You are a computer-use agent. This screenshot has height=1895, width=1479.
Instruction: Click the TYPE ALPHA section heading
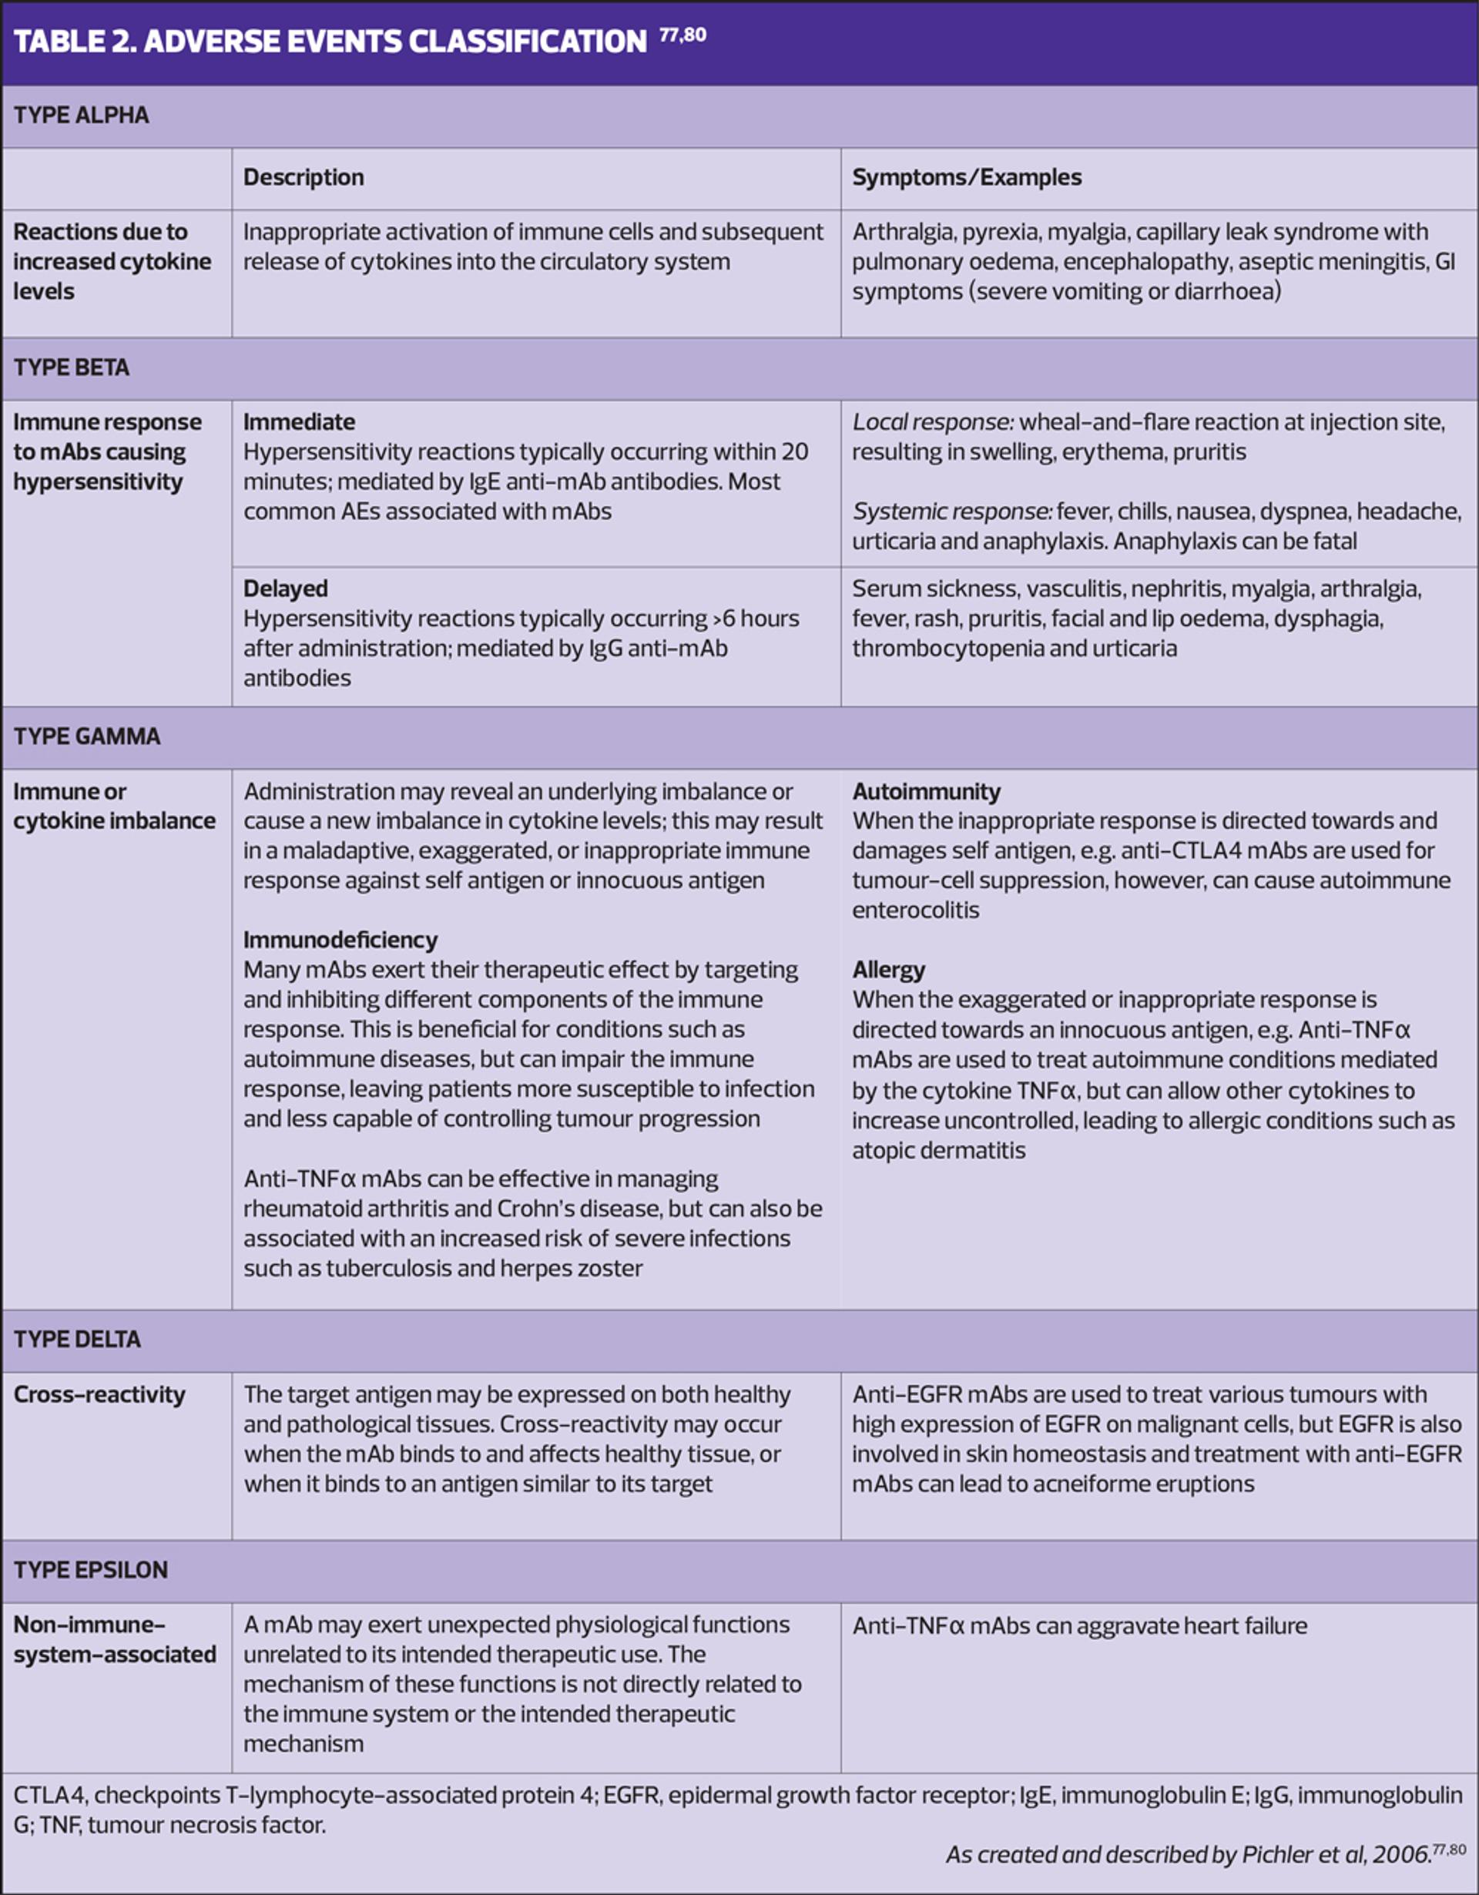(82, 116)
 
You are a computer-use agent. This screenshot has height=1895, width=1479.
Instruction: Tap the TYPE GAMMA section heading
(87, 736)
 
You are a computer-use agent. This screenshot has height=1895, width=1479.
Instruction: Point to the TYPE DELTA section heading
(77, 1339)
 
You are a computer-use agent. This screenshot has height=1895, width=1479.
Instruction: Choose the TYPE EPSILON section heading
(91, 1570)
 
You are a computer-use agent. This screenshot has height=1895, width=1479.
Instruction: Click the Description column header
(304, 178)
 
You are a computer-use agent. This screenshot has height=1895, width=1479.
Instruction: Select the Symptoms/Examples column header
(966, 178)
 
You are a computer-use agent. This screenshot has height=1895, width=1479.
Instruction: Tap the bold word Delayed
(285, 589)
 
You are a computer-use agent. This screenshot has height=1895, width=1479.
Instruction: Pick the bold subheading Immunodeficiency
(340, 941)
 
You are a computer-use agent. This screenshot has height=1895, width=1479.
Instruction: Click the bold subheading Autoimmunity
(926, 792)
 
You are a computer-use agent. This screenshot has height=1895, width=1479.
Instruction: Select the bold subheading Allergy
(888, 970)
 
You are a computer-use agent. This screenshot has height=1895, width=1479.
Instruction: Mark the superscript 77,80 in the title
(682, 35)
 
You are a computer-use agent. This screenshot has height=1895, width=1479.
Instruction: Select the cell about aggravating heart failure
(1079, 1625)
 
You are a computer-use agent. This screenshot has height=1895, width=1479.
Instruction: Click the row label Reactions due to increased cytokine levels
(112, 261)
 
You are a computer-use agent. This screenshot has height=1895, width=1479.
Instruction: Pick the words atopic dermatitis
(938, 1151)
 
